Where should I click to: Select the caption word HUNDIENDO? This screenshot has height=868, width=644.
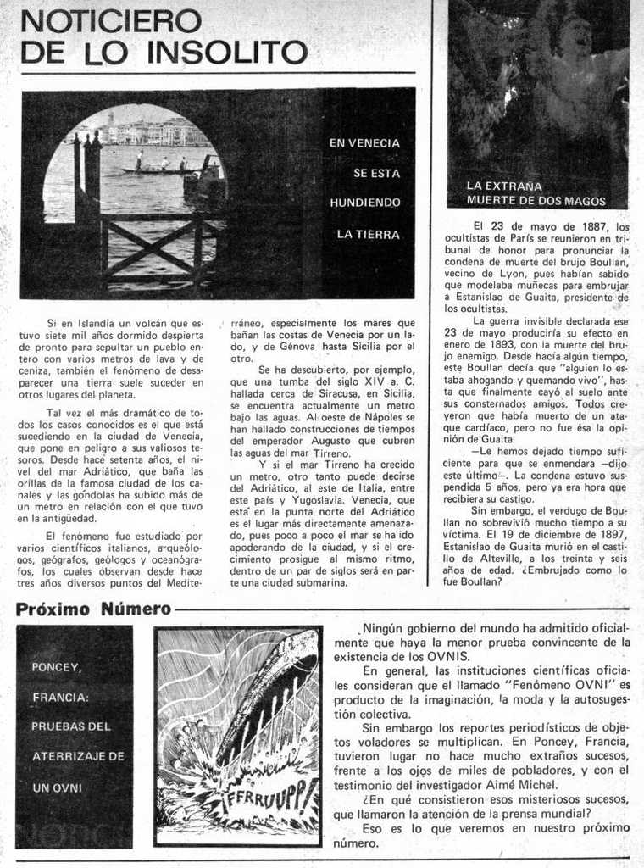[364, 203]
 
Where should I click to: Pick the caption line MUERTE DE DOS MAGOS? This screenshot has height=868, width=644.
[536, 201]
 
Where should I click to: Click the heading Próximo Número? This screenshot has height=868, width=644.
[93, 609]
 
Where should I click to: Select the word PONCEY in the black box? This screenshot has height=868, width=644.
[56, 667]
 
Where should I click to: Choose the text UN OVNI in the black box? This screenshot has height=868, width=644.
[57, 787]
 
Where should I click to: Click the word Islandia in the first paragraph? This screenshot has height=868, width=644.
[98, 323]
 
